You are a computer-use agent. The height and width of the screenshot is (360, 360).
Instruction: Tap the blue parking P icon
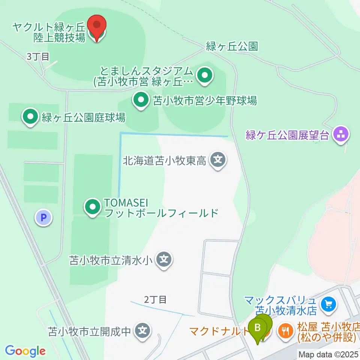pos(44,217)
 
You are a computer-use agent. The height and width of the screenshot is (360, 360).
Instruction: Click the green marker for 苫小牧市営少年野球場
pos(141,100)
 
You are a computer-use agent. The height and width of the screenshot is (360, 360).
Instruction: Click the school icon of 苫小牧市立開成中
pos(142,331)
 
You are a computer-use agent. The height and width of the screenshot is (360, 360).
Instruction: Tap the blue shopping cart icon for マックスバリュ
pos(329,304)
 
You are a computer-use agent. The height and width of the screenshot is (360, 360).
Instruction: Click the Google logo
pos(25,351)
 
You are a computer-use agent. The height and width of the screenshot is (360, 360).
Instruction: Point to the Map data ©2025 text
pos(328,354)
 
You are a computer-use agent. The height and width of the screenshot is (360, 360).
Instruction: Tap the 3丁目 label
pos(38,57)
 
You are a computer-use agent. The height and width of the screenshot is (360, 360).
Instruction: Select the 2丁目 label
pos(155,299)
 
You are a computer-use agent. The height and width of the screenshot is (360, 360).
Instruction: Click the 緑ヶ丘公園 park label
pos(232,46)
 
